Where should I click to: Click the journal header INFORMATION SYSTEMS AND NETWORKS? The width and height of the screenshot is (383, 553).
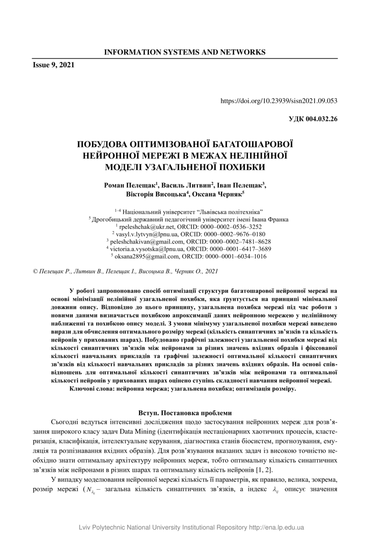185,52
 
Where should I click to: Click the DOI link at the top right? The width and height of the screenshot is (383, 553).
279,101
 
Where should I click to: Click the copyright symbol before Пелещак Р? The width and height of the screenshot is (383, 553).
36,271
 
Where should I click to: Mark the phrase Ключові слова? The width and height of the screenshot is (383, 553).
90,388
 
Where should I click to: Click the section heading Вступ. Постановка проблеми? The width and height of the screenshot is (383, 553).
185,413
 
